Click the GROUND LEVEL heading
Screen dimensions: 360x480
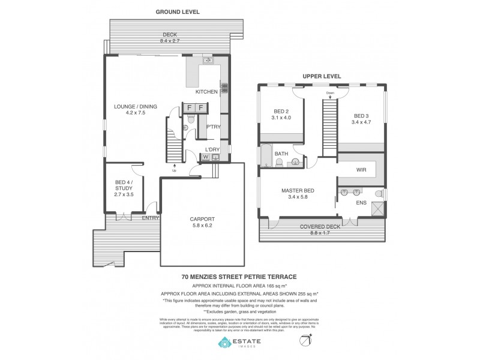(x=178, y=11)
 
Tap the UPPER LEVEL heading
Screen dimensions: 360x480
(x=322, y=76)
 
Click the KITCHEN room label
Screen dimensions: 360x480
(x=206, y=92)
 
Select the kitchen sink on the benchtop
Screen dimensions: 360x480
(x=208, y=61)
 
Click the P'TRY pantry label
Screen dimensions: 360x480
(x=212, y=127)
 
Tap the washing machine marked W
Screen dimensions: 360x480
(x=206, y=157)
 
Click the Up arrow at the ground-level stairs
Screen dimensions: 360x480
(x=175, y=167)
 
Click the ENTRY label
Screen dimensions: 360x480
(x=151, y=218)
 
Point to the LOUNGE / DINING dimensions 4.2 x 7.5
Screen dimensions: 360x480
(x=136, y=113)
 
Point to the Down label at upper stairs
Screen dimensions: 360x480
(x=329, y=94)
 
